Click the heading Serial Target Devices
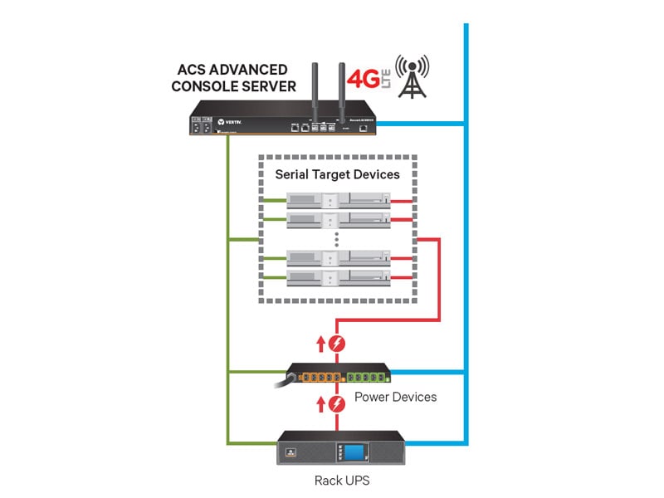(337, 174)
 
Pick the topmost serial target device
(337, 199)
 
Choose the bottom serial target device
(337, 276)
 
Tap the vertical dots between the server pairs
(337, 238)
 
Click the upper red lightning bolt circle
(337, 344)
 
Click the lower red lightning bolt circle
(337, 404)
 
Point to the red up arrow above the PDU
(320, 344)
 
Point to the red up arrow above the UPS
(320, 404)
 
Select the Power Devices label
(395, 397)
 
